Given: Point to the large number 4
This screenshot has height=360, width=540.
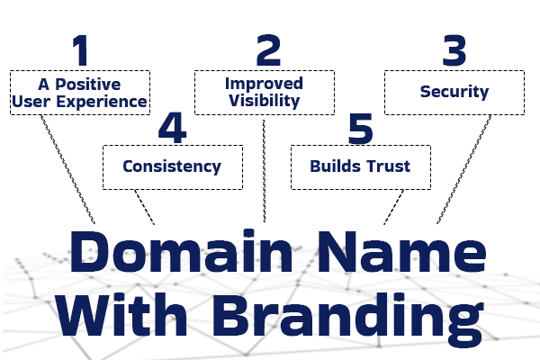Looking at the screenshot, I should click(x=172, y=128).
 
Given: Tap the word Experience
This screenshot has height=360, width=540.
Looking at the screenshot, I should click(x=106, y=102).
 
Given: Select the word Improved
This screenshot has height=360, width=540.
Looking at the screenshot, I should click(x=263, y=84).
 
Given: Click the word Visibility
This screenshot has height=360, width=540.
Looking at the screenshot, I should click(x=263, y=101).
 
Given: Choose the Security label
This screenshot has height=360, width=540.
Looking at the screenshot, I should click(x=454, y=92).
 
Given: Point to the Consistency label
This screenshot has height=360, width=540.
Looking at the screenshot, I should click(x=172, y=166).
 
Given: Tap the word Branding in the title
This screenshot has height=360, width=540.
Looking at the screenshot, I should click(x=341, y=318).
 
